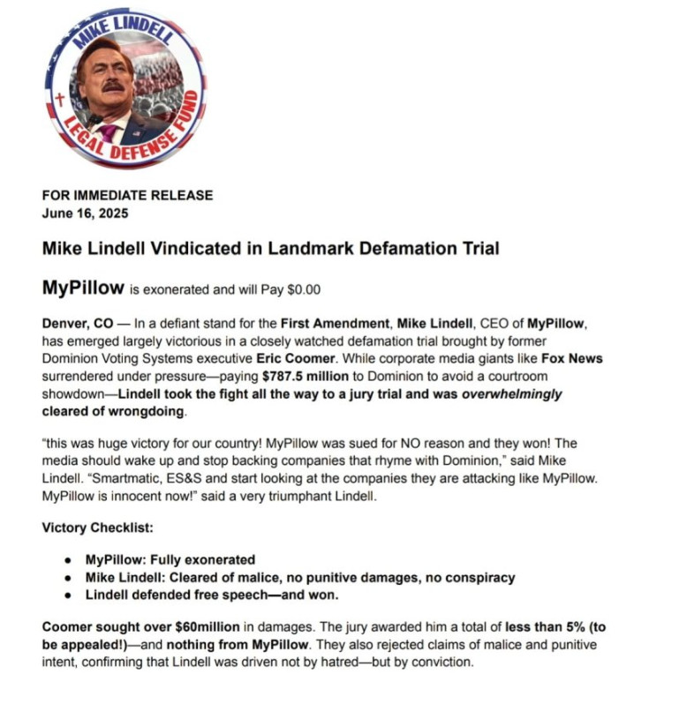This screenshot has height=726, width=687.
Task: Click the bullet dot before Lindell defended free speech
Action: click(68, 595)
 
